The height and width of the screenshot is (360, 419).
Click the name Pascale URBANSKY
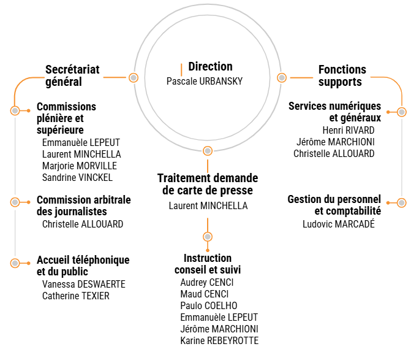(x=204, y=81)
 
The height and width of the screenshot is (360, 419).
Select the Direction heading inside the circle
(x=210, y=67)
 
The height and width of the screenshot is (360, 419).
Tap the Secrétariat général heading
(x=72, y=76)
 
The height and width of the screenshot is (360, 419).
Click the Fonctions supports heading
(x=342, y=76)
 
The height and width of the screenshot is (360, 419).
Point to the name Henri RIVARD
(x=348, y=130)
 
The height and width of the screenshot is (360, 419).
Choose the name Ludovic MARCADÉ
(x=338, y=224)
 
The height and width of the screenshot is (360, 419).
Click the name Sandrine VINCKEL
(x=77, y=177)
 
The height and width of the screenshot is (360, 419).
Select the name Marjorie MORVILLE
(x=79, y=166)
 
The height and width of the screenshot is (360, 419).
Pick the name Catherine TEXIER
(x=75, y=296)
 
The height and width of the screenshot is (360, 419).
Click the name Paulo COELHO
(x=208, y=305)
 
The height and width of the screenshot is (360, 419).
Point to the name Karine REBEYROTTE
(x=219, y=340)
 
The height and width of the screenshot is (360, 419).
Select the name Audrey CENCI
(x=206, y=282)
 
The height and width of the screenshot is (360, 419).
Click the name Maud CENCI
(x=204, y=294)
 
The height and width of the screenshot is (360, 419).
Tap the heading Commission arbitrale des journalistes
(x=84, y=206)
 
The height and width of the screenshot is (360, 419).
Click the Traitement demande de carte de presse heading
(x=208, y=184)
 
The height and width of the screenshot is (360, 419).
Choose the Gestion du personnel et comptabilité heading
(x=334, y=205)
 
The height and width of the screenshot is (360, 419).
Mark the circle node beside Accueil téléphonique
(x=15, y=263)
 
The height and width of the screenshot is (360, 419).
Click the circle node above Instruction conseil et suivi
(x=208, y=237)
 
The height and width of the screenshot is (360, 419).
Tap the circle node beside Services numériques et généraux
(x=401, y=112)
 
